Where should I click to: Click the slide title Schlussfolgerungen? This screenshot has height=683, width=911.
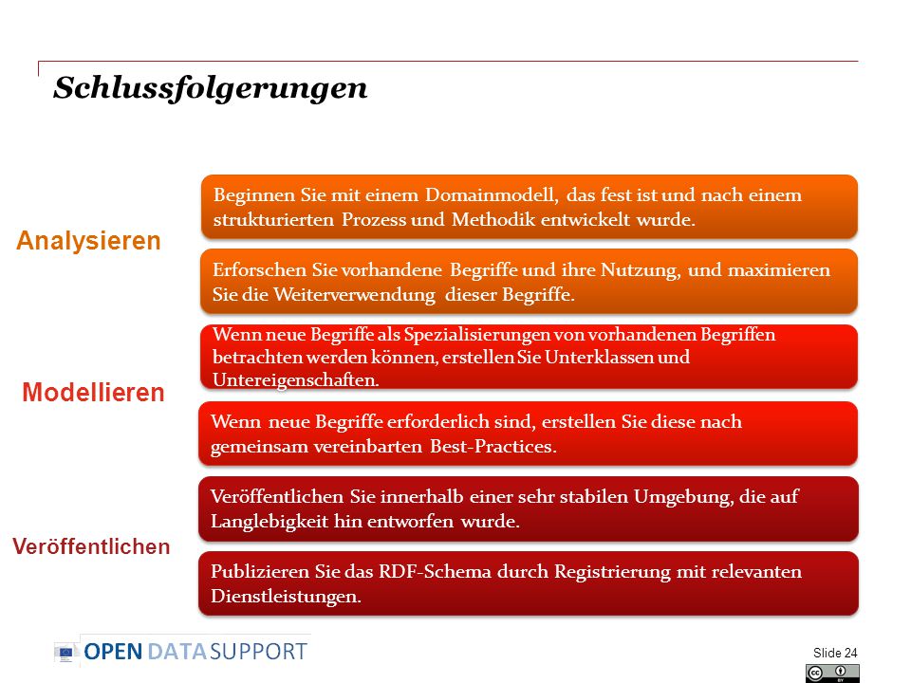pos(211,88)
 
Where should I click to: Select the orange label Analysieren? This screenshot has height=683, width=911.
pos(88,241)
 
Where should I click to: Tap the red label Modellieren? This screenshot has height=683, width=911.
pos(94,393)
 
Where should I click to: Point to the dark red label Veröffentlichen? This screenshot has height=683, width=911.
pos(91,546)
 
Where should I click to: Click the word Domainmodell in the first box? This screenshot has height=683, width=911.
pos(492,195)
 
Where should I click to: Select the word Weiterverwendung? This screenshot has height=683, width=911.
pos(354,294)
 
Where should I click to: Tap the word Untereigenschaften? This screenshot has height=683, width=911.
pos(296,379)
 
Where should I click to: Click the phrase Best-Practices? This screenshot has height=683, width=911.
pos(493,447)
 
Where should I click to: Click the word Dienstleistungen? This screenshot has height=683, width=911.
pos(286,597)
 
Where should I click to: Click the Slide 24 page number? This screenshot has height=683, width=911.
pos(835,653)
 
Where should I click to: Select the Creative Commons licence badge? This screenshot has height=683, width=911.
pos(832,674)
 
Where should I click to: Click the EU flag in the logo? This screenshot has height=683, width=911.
pos(65,653)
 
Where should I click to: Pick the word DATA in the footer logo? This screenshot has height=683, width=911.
pos(177,652)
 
